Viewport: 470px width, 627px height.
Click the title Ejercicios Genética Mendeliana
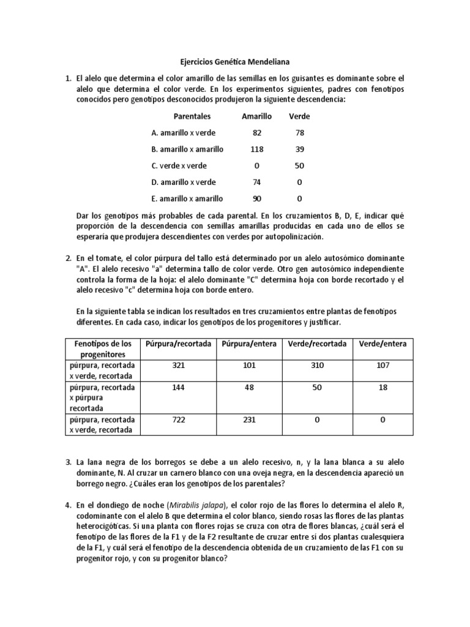pyautogui.click(x=234, y=62)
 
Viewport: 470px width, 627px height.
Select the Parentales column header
pyautogui.click(x=192, y=116)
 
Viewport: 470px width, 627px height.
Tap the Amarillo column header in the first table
pyautogui.click(x=256, y=116)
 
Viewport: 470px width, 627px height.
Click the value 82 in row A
pyautogui.click(x=256, y=133)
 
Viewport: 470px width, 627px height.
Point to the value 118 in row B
pyautogui.click(x=256, y=149)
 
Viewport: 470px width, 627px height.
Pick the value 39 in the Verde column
pyautogui.click(x=299, y=149)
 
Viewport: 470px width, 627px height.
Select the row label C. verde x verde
pyautogui.click(x=179, y=166)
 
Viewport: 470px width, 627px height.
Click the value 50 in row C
pyautogui.click(x=299, y=166)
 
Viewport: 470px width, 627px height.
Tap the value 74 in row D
pyautogui.click(x=256, y=182)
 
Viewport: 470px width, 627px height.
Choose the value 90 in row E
pyautogui.click(x=256, y=199)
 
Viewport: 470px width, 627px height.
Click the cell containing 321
pyautogui.click(x=178, y=366)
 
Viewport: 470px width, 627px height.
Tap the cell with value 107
pyautogui.click(x=382, y=366)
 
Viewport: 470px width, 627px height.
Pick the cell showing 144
pyautogui.click(x=178, y=388)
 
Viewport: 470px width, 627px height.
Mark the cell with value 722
pyautogui.click(x=178, y=419)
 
